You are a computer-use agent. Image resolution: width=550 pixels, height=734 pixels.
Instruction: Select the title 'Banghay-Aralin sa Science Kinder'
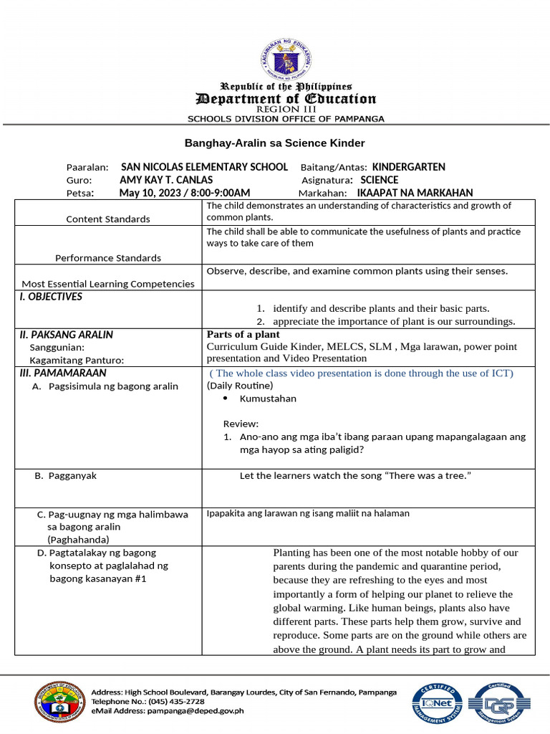276,143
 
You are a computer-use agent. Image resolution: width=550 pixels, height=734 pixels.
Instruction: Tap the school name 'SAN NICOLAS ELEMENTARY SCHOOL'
205,167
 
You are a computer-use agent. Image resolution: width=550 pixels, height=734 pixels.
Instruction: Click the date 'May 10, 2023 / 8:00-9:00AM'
185,193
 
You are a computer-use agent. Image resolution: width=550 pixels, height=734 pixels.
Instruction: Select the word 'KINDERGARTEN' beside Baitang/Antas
409,167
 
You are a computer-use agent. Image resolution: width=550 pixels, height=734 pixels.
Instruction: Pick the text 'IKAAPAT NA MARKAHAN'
415,193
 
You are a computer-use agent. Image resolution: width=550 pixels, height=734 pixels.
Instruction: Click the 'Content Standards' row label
108,219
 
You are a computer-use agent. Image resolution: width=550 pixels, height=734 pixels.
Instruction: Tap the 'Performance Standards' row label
108,258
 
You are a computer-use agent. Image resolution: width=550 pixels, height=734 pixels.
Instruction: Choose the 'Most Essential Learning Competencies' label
108,284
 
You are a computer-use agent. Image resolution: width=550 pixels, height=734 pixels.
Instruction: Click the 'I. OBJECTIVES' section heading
51,297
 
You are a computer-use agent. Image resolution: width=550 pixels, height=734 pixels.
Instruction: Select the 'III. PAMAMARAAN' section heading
62,373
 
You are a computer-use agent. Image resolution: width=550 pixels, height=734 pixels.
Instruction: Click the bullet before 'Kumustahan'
226,399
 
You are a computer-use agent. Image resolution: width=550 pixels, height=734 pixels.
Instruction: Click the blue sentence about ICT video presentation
362,373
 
